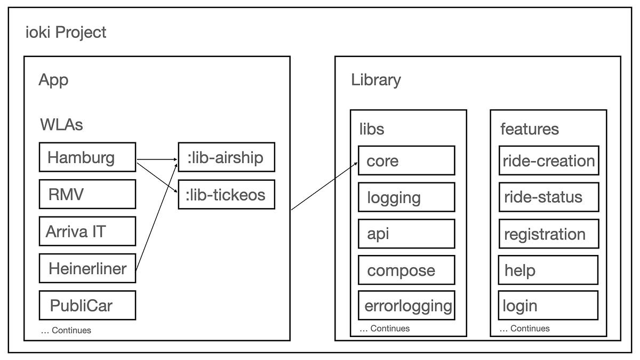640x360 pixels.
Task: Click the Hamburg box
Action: point(87,157)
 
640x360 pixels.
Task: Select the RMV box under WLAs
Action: point(87,194)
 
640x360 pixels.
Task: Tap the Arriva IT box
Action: point(87,231)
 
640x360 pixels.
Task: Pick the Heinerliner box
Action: point(87,268)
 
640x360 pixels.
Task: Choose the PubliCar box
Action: point(87,306)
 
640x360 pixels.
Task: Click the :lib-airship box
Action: point(226,157)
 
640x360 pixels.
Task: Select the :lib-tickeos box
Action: point(226,195)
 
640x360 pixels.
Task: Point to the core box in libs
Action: point(406,161)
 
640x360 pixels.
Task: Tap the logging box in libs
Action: point(406,197)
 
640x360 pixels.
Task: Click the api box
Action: point(406,234)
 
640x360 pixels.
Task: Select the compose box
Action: point(406,270)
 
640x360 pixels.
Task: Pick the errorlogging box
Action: point(407,306)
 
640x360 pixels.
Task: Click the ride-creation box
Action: point(549,161)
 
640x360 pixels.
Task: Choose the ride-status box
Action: point(549,197)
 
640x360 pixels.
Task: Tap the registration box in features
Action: point(549,234)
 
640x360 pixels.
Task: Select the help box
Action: point(548,270)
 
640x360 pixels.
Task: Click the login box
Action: point(548,306)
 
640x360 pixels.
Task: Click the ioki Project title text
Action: point(66,32)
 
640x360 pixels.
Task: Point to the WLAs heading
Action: point(61,126)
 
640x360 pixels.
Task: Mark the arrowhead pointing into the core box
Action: point(356,165)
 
